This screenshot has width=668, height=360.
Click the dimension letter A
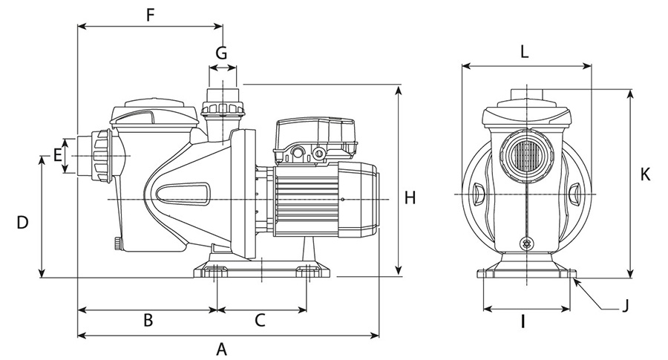220,348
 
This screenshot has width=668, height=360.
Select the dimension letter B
148,320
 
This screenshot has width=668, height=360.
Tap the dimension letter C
260,320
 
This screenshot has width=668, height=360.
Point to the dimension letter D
22,222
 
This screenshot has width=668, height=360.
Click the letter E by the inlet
57,155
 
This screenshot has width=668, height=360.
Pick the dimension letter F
151,14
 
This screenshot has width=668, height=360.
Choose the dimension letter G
221,53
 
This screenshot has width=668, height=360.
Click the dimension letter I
523,321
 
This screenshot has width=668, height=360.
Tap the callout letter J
626,304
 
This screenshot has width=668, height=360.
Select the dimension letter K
645,174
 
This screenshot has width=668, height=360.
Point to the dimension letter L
524,52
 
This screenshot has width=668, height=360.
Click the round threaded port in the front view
525,154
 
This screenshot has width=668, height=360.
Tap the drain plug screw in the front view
527,243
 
